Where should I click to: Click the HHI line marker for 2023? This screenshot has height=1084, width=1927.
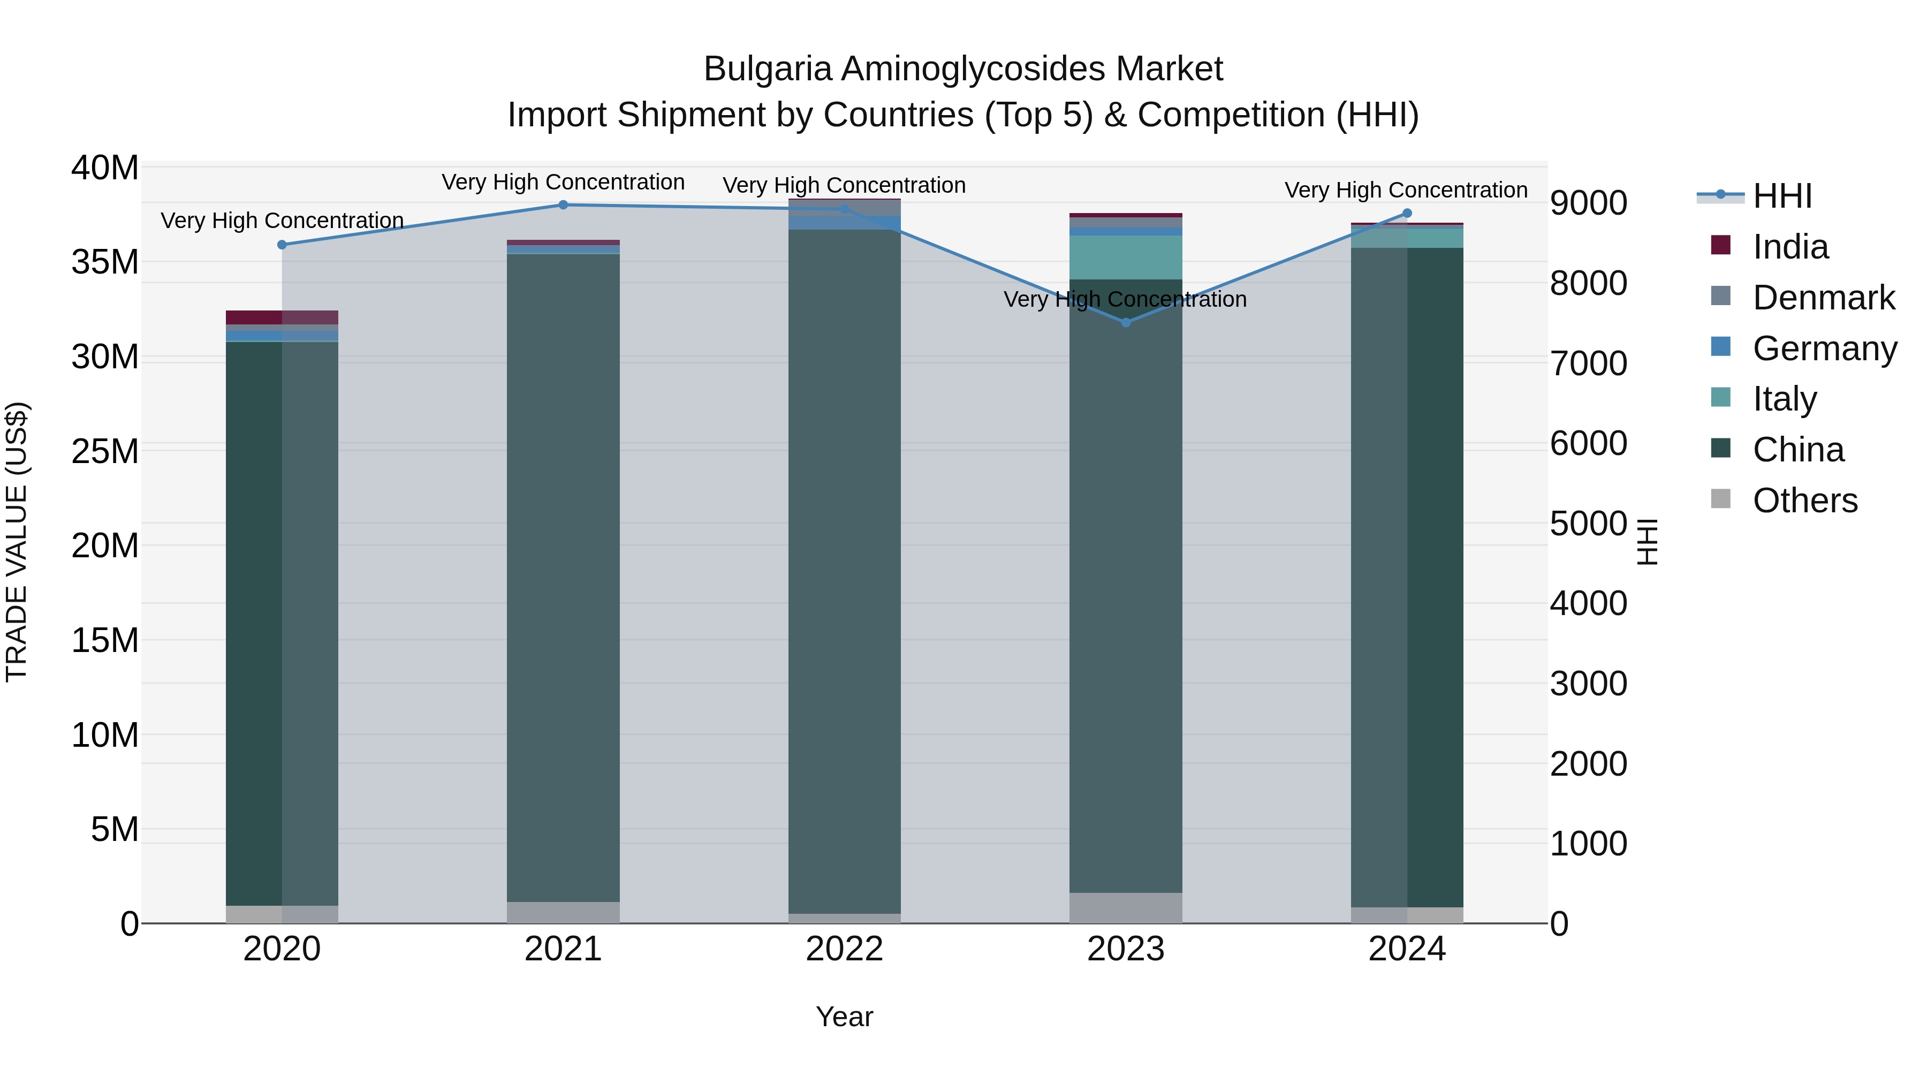1126,322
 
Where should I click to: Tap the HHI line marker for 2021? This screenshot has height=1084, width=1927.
563,205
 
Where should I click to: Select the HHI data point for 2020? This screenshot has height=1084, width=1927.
282,245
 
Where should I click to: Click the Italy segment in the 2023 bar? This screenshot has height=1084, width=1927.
1126,257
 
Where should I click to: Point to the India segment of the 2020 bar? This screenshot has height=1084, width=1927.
282,317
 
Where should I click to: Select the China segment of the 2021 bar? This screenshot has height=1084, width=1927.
563,576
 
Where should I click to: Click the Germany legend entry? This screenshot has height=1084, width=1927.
1824,348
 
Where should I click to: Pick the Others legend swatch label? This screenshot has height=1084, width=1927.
1804,501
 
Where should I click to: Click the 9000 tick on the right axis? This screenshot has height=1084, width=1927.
1588,203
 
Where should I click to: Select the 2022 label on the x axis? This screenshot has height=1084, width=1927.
845,949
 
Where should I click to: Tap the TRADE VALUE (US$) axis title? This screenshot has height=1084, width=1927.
17,542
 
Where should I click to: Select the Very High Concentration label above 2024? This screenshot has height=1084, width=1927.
1406,190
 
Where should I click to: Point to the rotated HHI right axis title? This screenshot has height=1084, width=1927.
1648,542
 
